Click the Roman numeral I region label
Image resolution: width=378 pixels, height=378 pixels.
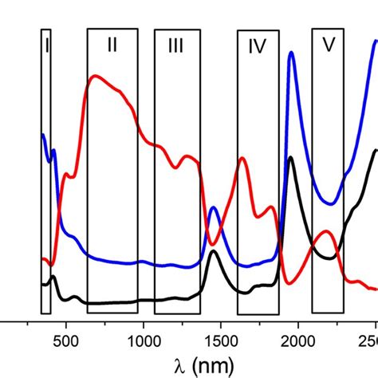(x=46, y=46)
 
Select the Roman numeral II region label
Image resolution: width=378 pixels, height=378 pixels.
(x=112, y=45)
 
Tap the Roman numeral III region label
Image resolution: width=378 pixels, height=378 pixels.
(x=176, y=47)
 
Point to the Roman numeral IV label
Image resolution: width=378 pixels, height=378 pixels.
(x=257, y=47)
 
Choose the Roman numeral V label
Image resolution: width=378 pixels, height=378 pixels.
(x=328, y=45)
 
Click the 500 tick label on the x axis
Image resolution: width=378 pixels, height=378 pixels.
(x=66, y=342)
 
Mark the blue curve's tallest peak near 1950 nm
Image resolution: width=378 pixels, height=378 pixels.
(x=292, y=53)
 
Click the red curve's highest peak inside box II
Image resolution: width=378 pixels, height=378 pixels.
(x=96, y=77)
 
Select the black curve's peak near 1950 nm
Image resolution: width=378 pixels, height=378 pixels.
(x=292, y=158)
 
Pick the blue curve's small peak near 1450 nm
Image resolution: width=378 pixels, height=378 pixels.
(x=214, y=209)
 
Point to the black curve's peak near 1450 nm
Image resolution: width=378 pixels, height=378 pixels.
(x=213, y=253)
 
